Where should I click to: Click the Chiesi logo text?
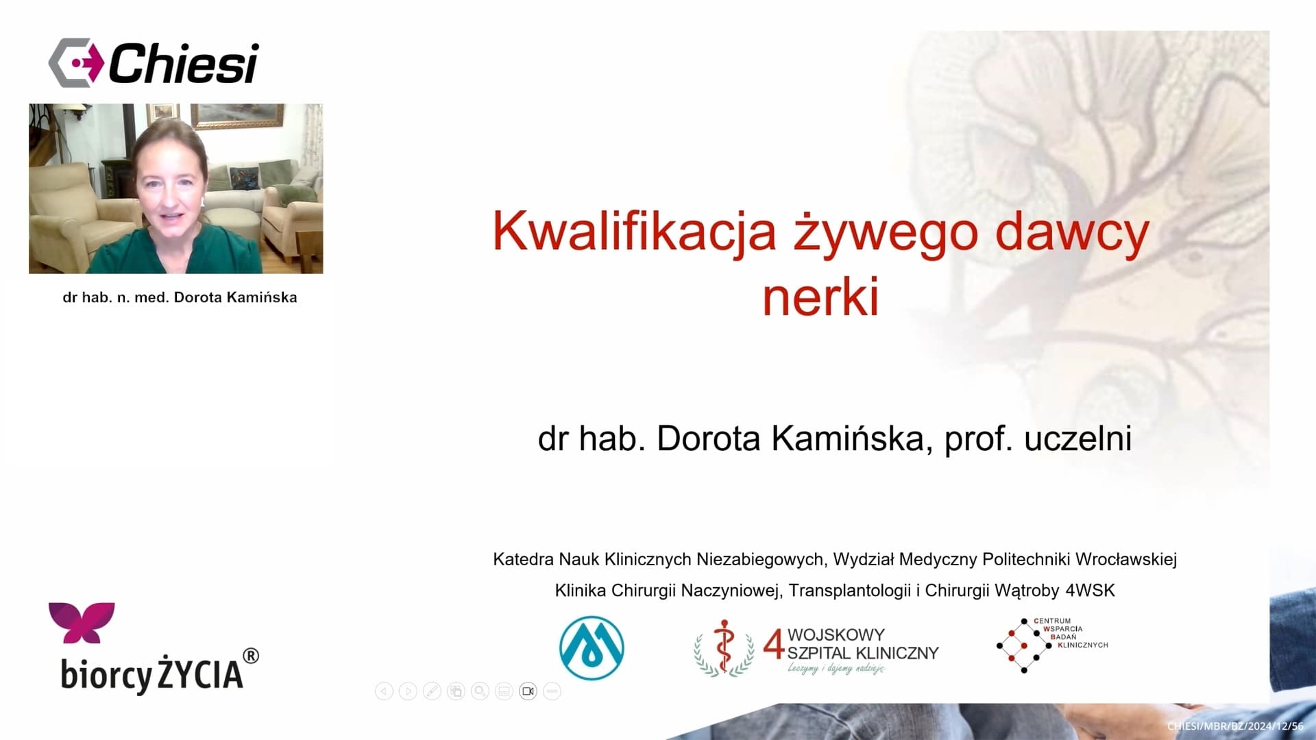point(183,63)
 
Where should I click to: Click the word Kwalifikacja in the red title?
point(634,232)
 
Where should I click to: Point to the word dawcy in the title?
point(1072,232)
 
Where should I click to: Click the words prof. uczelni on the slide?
point(1038,438)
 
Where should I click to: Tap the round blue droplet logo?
point(592,647)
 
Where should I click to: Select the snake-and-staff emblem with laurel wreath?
point(724,647)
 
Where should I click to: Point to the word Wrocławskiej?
point(1126,559)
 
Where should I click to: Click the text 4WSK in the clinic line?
point(1090,590)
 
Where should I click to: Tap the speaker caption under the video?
point(180,297)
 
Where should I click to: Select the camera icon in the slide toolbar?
point(528,691)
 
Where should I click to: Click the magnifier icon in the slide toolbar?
point(480,691)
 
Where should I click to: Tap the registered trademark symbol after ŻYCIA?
point(251,656)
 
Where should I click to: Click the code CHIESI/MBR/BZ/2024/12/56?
point(1235,726)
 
